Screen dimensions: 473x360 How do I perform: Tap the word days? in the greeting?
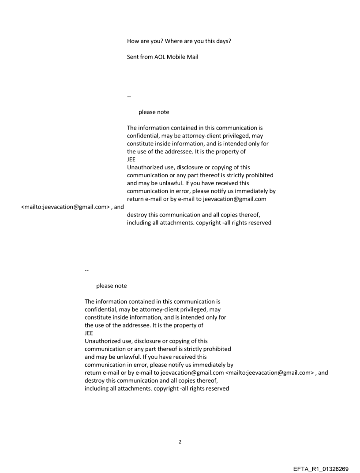coord(222,42)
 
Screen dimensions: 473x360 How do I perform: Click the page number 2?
coord(180,442)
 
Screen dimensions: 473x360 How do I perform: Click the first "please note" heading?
coord(154,112)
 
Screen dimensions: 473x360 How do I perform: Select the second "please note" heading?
coord(111,286)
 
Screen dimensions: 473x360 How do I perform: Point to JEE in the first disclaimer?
coord(131,160)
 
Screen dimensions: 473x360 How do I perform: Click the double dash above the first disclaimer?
coord(129,97)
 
